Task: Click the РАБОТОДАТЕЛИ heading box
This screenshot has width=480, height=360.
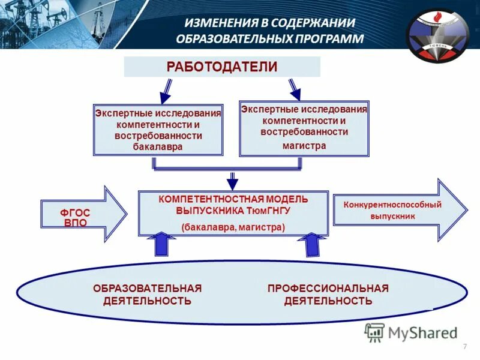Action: pos(222,67)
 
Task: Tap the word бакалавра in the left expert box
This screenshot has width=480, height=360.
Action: pos(158,146)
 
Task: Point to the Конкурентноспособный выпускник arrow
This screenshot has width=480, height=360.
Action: pos(398,210)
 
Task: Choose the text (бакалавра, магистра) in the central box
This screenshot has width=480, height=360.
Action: pos(233,227)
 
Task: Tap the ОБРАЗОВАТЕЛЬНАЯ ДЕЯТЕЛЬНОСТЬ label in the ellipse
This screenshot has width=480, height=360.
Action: pos(147,295)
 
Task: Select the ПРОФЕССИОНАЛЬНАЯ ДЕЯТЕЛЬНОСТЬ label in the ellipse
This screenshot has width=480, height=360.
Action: pos(328,295)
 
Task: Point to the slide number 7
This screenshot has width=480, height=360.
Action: pos(465,349)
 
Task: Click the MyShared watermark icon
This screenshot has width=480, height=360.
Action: pos(374,332)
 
